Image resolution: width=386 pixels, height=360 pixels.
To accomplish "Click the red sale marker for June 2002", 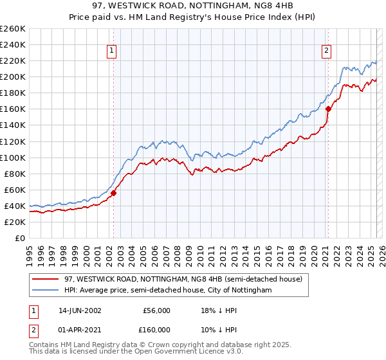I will pyautogui.click(x=113, y=193).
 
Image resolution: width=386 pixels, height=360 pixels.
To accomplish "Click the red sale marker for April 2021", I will pyautogui.click(x=327, y=109).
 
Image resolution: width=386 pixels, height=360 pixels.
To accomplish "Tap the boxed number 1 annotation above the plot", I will pyautogui.click(x=112, y=51).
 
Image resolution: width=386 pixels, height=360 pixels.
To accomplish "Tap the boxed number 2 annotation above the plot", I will pyautogui.click(x=327, y=51).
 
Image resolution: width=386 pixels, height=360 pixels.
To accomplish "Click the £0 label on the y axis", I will pyautogui.click(x=20, y=238).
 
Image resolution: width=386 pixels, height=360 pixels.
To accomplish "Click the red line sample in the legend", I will pyautogui.click(x=46, y=279).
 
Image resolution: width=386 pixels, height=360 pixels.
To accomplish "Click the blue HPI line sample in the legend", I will pyautogui.click(x=46, y=291).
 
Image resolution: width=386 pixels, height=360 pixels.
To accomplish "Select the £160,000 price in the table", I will pyautogui.click(x=156, y=330).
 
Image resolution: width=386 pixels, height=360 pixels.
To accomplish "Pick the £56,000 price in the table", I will pyautogui.click(x=156, y=310).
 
